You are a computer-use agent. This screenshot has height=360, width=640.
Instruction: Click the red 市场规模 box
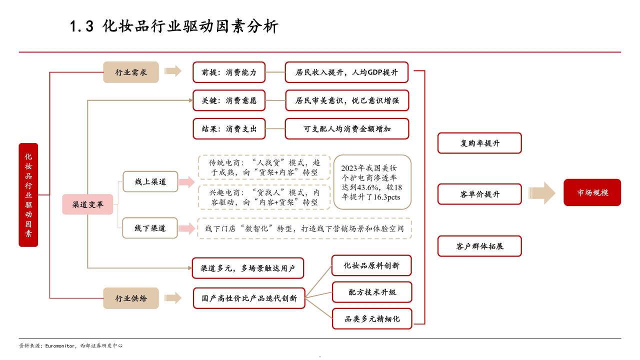[592, 192]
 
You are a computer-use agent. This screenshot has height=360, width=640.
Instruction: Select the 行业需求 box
[131, 72]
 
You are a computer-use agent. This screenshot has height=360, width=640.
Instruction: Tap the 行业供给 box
[131, 298]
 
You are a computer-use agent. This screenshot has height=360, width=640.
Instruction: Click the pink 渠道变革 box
[87, 204]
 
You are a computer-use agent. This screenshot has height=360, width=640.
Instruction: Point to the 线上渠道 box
[150, 181]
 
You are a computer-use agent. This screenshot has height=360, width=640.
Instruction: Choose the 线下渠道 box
[150, 228]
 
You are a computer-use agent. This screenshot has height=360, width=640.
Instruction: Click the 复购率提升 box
[479, 143]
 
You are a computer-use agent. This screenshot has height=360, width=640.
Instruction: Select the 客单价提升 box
[479, 194]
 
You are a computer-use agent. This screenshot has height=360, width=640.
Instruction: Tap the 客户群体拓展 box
[479, 246]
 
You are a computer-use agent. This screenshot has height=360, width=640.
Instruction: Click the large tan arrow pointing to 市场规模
[541, 193]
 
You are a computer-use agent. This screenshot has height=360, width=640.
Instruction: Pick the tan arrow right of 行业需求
[173, 71]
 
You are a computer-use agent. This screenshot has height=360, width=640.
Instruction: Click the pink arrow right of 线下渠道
[186, 228]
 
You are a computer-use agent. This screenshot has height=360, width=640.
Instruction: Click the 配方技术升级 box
[372, 292]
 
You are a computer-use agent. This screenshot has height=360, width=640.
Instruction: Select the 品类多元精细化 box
[372, 319]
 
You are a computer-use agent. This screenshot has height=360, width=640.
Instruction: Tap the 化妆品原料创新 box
[371, 265]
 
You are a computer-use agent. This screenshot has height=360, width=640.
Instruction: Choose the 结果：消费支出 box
[229, 129]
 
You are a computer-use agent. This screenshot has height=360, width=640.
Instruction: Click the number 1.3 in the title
[81, 26]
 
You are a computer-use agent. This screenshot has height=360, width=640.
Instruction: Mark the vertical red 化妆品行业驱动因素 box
[28, 195]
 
